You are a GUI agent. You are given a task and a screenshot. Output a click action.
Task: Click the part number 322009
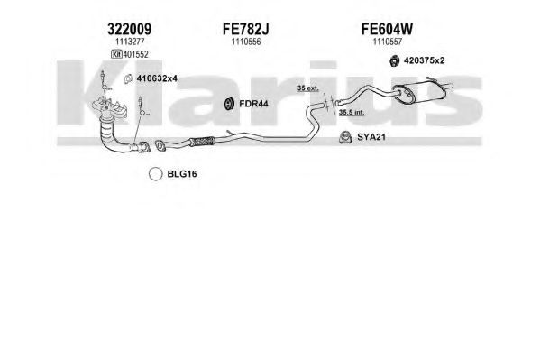point(129,29)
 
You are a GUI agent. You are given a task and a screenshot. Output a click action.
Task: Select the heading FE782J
point(245,29)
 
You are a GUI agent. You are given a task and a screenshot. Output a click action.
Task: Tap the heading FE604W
point(387,29)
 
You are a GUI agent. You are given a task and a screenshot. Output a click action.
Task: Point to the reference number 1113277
point(130,42)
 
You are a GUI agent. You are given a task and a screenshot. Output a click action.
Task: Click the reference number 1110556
point(246,42)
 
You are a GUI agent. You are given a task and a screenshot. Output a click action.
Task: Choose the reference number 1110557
point(387,42)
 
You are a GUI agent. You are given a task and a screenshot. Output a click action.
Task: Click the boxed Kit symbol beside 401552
point(116,54)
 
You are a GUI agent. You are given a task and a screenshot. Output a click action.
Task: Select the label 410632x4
point(157,78)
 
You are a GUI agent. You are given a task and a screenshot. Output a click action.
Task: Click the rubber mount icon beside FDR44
point(228,104)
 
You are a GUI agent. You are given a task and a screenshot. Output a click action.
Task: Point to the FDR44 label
point(253,104)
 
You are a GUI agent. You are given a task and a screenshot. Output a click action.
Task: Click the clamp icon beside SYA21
point(345,137)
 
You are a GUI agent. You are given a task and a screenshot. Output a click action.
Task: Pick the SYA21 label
point(371,137)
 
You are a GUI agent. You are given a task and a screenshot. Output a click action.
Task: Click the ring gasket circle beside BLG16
point(156,174)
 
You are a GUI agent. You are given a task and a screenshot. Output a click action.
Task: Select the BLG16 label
point(182,174)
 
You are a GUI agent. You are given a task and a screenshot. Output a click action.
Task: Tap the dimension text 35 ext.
point(308,88)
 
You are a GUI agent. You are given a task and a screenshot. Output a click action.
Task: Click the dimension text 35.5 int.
point(352,113)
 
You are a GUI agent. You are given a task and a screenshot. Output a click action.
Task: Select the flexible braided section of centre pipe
point(202,142)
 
